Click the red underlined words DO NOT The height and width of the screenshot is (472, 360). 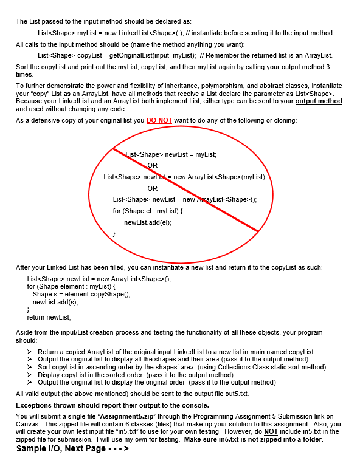pyautogui.click(x=160, y=121)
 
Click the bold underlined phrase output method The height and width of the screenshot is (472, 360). pyautogui.click(x=319, y=101)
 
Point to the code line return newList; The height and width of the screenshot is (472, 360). pyautogui.click(x=49, y=317)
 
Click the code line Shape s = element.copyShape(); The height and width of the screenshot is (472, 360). pyautogui.click(x=81, y=294)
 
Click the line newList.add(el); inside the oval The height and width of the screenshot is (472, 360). pyautogui.click(x=148, y=222)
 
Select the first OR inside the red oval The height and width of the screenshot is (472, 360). pyautogui.click(x=152, y=165)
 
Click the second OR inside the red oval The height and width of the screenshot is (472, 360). pyautogui.click(x=152, y=188)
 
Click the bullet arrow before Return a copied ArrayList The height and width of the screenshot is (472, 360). pyautogui.click(x=30, y=352)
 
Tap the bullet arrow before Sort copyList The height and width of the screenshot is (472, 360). pyautogui.click(x=30, y=367)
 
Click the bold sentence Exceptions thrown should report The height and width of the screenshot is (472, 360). pyautogui.click(x=112, y=405)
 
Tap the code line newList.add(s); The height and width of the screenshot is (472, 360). pyautogui.click(x=55, y=302)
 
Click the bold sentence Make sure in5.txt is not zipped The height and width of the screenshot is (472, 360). pyautogui.click(x=254, y=439)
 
